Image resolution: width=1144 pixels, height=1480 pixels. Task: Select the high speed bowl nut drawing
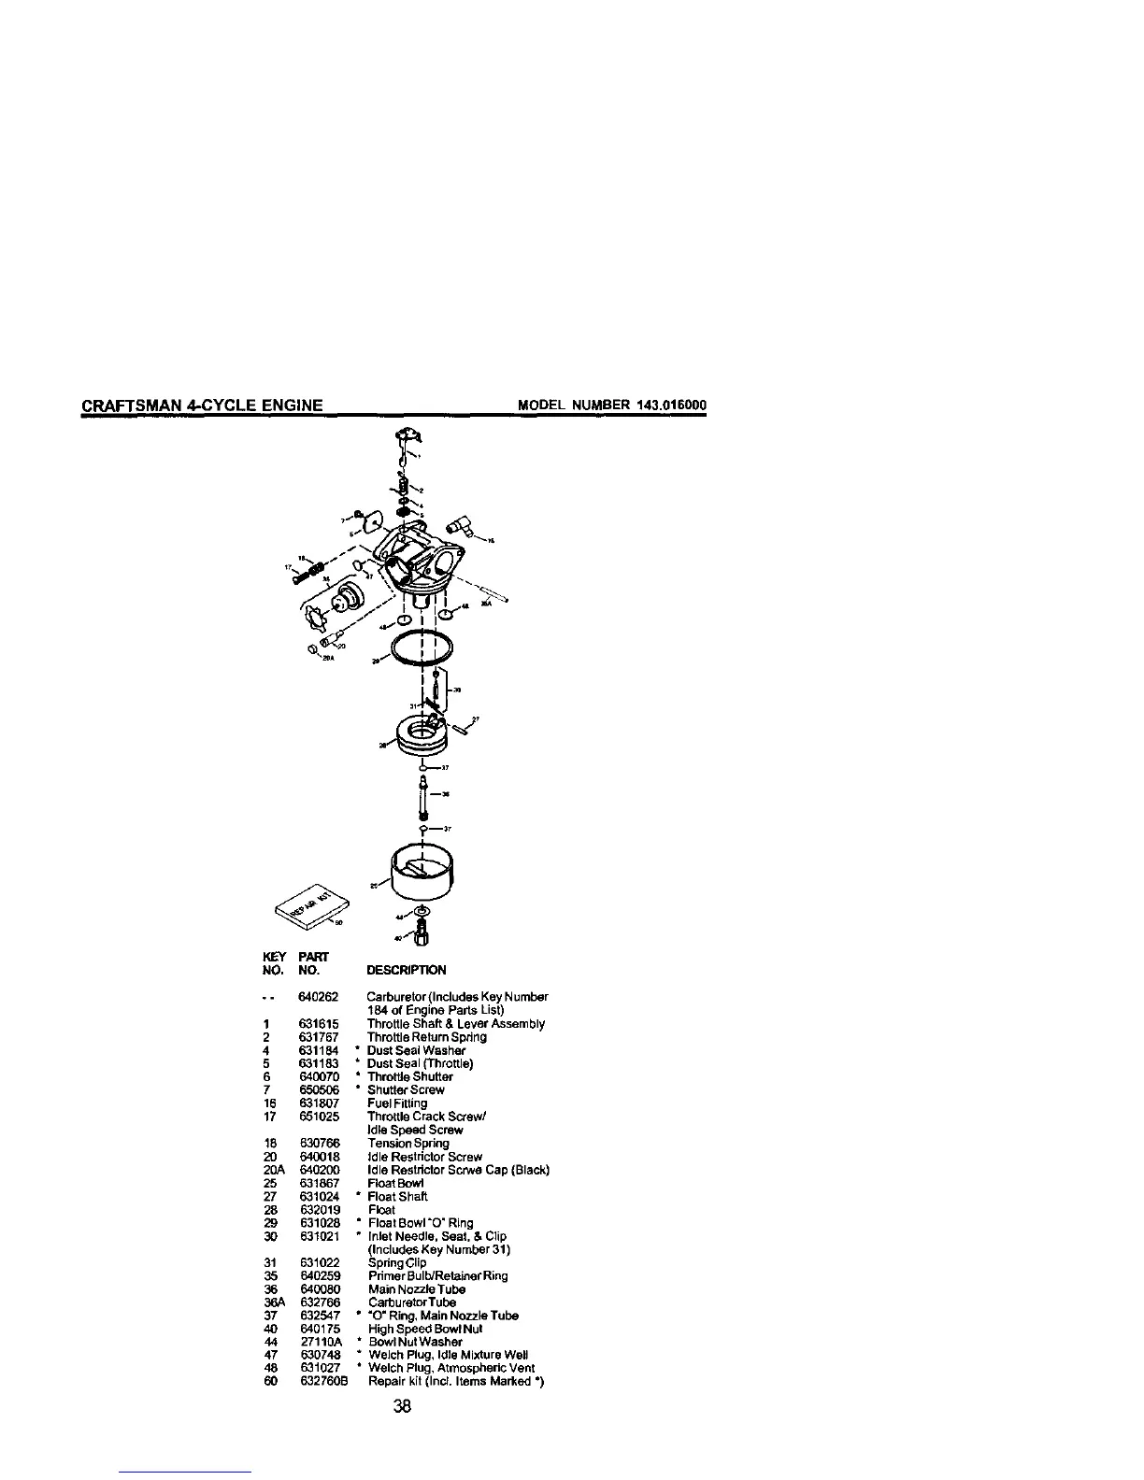click(422, 932)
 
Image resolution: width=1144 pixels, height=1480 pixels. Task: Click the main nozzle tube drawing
click(424, 796)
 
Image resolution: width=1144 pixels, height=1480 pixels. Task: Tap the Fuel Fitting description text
click(396, 1103)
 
